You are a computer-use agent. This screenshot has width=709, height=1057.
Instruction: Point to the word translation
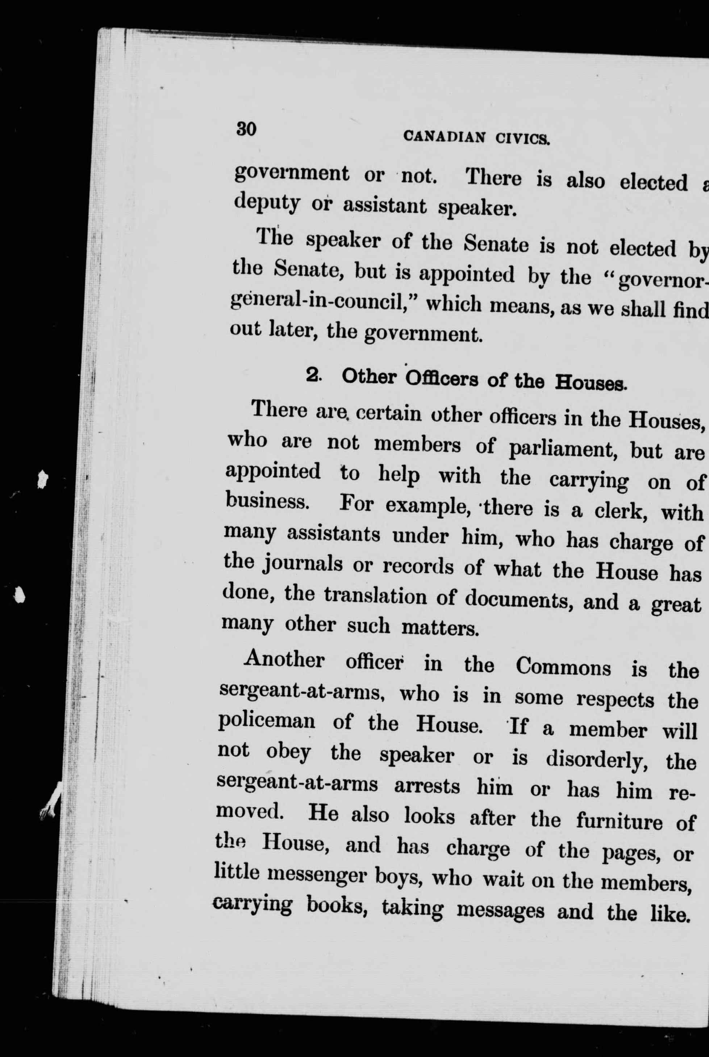[375, 596]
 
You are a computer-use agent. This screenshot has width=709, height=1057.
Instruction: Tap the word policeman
[266, 720]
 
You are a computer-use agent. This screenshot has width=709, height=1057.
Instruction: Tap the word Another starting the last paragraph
[284, 660]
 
